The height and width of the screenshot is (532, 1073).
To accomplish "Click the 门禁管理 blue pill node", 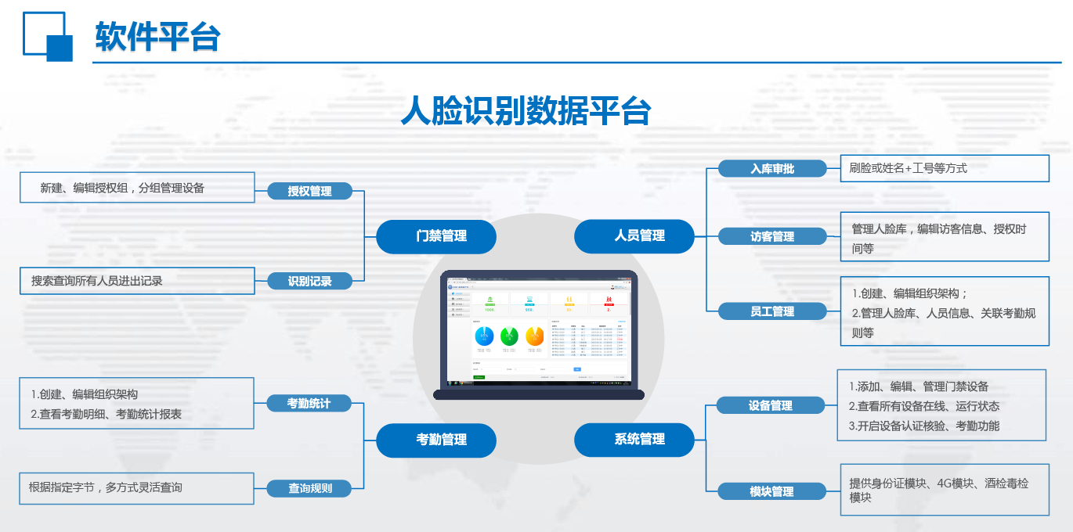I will (x=436, y=236).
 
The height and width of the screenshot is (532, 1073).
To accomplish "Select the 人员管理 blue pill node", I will (x=634, y=236).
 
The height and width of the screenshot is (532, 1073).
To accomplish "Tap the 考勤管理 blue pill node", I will (x=436, y=440).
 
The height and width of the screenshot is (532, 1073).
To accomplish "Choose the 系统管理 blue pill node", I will (x=634, y=440).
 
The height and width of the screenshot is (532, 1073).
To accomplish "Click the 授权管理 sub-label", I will (x=309, y=191).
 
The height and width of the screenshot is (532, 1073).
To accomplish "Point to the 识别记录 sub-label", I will (x=309, y=281).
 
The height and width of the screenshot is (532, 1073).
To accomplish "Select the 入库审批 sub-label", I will (x=772, y=168).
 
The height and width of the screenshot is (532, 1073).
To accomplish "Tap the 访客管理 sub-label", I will (x=772, y=236).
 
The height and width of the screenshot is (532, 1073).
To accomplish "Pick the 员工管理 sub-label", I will (x=772, y=311).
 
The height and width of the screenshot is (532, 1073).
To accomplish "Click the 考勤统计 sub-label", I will (x=309, y=404).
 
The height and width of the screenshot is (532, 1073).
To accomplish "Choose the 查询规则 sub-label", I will (x=309, y=488).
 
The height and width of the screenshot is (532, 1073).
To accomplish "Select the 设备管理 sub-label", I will (x=771, y=405).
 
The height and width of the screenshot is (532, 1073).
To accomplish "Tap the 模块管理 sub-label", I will (x=771, y=491).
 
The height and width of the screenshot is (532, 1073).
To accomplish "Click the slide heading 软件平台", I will (x=157, y=36).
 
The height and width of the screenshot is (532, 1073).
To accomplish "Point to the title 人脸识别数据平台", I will (x=526, y=110).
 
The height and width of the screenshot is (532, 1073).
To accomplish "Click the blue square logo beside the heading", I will (x=48, y=36).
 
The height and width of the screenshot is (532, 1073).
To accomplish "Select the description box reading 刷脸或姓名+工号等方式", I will (x=944, y=168).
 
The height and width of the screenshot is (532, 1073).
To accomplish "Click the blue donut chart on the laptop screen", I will (x=484, y=336).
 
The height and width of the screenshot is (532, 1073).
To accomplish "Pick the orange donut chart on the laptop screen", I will (x=534, y=336).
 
